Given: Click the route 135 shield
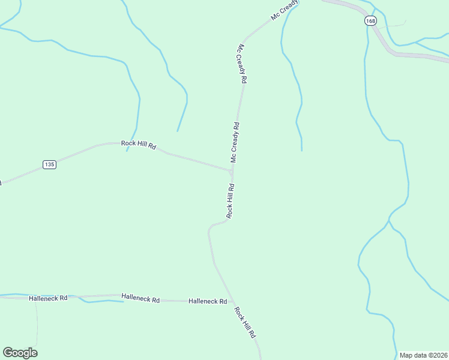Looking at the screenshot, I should tap(49, 164).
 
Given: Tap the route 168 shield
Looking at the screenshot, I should tap(370, 21).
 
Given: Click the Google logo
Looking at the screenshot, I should tap(20, 353).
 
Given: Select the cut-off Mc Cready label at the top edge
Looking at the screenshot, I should tap(285, 10).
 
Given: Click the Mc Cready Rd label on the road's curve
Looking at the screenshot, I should tap(243, 63).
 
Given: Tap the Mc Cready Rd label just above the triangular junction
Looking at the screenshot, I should tap(235, 143).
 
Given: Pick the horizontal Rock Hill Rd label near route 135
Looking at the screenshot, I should tap(139, 144).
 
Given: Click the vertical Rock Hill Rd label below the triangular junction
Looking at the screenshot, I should tap(230, 201).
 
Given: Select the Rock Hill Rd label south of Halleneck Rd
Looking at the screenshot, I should tap(246, 322).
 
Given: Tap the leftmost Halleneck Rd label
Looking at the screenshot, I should tap(48, 298).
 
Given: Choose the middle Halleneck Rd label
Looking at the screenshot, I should tap(140, 298).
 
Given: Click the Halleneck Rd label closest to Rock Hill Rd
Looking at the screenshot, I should tap(208, 301).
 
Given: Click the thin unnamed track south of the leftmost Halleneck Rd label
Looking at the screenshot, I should tap(37, 324).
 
